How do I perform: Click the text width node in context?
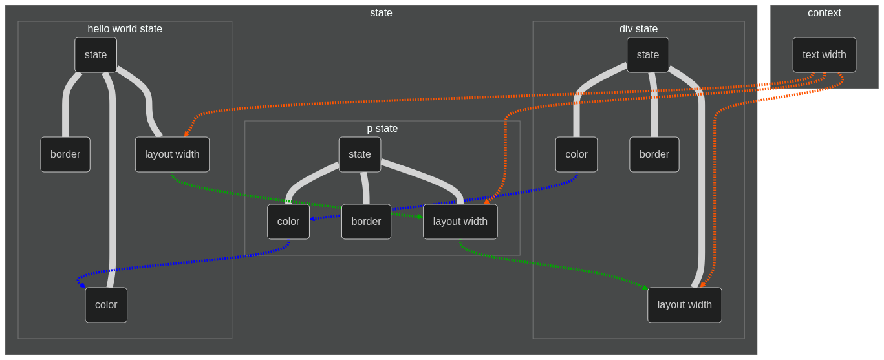825,55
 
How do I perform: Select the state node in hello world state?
96,55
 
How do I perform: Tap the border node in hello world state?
65,154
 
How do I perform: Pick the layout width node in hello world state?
172,154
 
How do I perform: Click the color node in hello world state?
106,305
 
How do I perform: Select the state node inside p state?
360,154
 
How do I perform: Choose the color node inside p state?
288,221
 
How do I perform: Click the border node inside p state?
366,221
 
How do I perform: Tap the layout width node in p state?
460,221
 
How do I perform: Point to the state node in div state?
647,55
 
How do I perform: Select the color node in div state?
576,154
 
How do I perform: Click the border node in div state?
654,154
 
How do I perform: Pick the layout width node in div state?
684,305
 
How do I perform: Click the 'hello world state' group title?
125,29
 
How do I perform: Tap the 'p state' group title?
382,129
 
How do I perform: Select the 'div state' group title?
638,29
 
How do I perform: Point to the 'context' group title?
824,13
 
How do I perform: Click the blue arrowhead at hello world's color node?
82,285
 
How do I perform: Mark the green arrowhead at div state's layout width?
645,288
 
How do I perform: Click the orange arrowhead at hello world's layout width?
186,134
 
